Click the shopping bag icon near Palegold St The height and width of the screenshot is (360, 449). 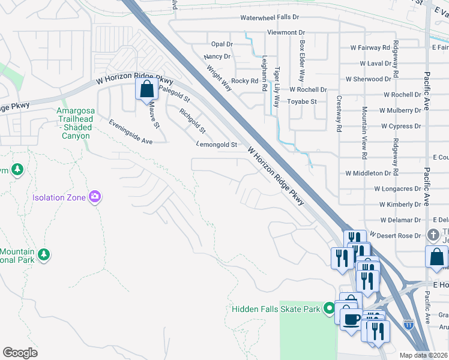[146, 91]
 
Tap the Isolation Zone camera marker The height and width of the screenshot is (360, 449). [94, 197]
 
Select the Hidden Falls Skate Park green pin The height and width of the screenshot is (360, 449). [328, 309]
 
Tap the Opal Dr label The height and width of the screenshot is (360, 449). [221, 44]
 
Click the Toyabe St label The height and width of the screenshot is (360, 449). [301, 102]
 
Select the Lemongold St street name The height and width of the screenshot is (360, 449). [217, 145]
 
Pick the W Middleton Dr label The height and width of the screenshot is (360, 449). [368, 173]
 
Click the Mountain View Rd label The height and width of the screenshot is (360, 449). [364, 133]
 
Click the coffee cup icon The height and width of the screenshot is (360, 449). [351, 318]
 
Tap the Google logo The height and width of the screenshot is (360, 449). [20, 353]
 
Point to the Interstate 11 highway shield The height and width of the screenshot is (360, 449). [409, 325]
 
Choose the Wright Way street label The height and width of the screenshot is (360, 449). [219, 78]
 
